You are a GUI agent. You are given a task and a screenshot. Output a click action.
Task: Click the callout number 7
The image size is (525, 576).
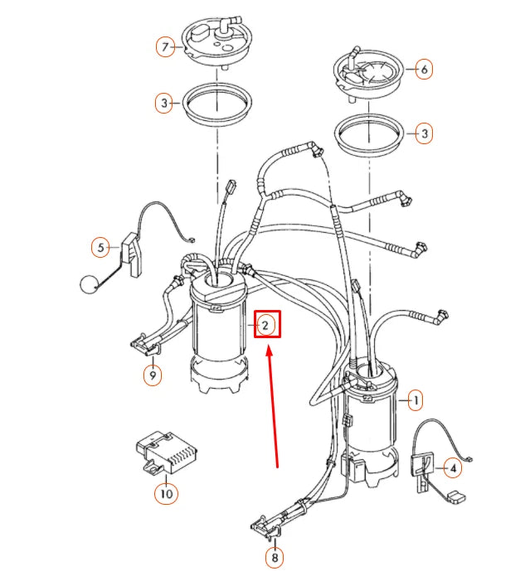(165, 47)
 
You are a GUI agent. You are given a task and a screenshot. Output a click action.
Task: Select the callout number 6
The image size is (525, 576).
(425, 69)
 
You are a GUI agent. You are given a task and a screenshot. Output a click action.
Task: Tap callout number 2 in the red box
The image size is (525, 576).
(265, 325)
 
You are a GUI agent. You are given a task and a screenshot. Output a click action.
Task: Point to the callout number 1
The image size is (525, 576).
(416, 400)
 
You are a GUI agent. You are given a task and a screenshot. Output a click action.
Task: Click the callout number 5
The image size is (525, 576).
(100, 248)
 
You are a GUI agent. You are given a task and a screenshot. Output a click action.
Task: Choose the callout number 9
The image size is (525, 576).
(153, 375)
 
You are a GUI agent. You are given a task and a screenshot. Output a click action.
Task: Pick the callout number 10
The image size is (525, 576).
(166, 493)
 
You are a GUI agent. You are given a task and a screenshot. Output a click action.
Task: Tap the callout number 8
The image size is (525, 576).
(275, 558)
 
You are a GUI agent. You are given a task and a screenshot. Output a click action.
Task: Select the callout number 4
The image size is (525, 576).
(453, 468)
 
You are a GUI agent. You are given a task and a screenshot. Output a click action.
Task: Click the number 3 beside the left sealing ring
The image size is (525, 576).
(164, 103)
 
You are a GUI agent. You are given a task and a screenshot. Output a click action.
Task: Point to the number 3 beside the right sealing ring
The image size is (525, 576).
(425, 133)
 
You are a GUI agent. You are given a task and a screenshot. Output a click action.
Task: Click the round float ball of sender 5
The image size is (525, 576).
(88, 284)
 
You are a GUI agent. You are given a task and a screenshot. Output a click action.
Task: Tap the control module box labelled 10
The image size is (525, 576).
(166, 453)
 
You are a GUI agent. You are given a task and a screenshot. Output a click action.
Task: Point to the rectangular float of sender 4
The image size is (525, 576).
(457, 497)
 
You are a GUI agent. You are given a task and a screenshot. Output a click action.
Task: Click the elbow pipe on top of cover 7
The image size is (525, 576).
(228, 25)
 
